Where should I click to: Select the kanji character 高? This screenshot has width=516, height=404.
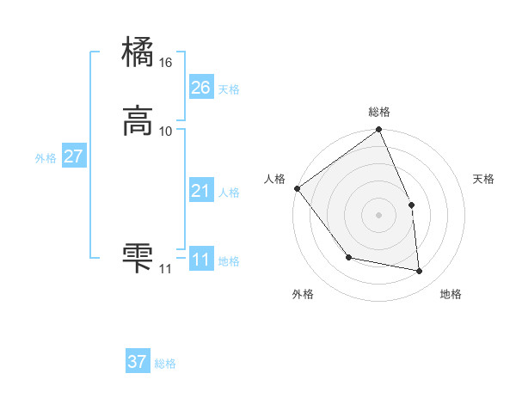138,121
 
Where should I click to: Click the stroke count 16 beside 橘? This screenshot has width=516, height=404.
166,63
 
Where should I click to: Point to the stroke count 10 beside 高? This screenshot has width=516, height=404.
166,132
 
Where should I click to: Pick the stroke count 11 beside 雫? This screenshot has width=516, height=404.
165,269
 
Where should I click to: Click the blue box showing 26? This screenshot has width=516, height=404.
200,88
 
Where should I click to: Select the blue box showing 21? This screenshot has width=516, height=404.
200,191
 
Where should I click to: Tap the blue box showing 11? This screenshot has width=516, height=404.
200,260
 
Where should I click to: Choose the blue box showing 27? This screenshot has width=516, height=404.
73,156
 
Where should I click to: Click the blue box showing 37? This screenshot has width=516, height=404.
138,362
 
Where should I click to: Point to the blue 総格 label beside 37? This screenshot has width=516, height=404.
165,364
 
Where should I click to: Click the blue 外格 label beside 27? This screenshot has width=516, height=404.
46,158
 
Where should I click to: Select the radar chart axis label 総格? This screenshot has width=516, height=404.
379,112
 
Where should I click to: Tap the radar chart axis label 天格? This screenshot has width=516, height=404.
484,180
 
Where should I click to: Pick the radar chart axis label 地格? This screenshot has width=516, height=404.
451,295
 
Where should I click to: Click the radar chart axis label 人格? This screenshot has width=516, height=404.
275,179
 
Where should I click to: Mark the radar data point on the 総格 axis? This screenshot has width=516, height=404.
379,131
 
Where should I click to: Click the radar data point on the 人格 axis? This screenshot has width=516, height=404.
297,188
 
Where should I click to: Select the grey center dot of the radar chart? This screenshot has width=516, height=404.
379,215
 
